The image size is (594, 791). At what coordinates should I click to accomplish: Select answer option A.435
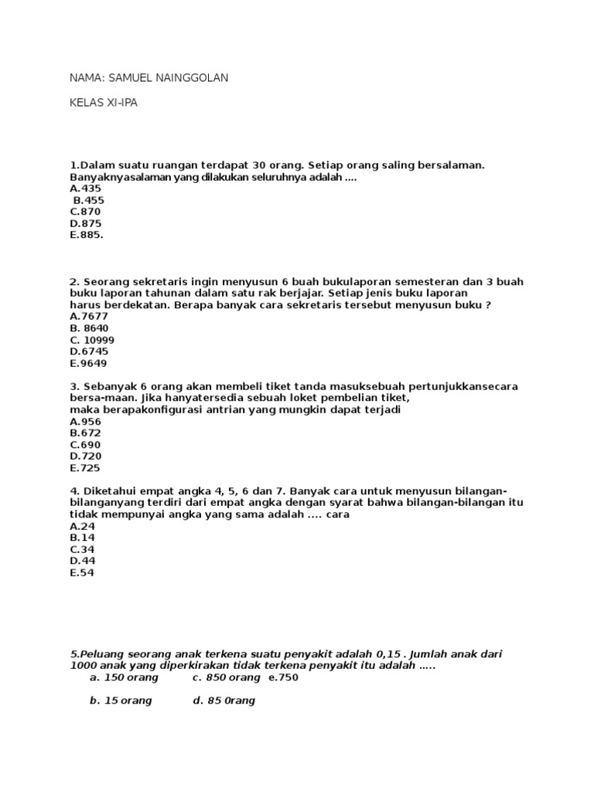click(85, 188)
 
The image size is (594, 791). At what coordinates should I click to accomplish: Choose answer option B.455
click(88, 200)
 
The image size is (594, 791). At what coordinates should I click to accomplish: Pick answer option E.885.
click(86, 235)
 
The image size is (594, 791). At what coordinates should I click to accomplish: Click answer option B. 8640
click(89, 328)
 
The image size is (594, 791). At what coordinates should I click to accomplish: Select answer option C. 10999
click(93, 340)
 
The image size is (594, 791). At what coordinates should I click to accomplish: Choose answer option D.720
click(85, 457)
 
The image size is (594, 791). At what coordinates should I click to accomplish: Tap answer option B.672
click(85, 433)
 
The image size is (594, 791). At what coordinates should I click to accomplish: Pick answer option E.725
click(85, 468)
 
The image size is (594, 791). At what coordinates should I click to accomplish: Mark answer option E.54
click(82, 573)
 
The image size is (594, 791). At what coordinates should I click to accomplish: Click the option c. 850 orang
click(227, 677)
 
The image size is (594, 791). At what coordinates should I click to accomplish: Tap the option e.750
click(283, 677)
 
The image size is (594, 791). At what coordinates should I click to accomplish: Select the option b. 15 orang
click(121, 701)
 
